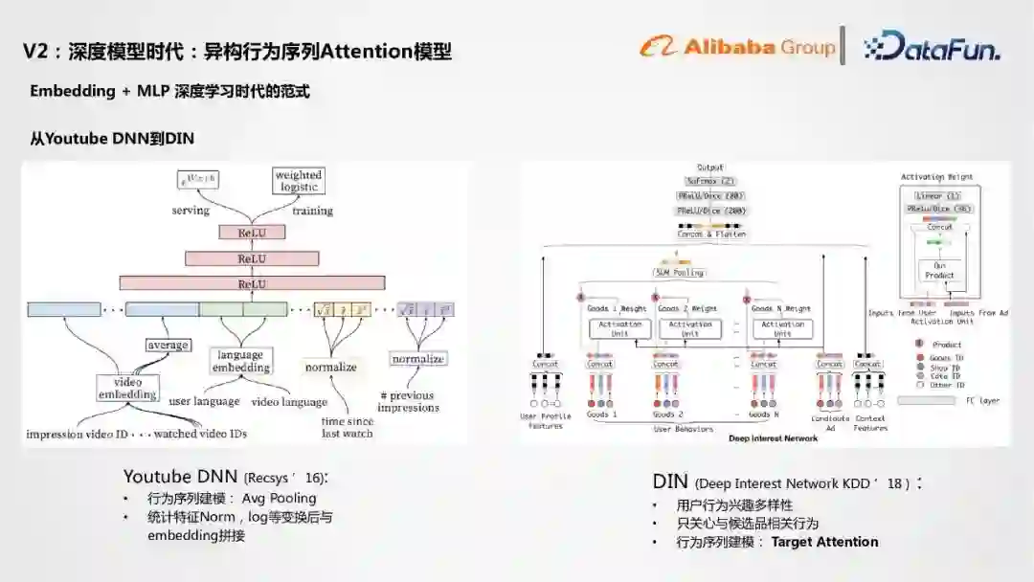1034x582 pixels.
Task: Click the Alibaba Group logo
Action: pos(737,46)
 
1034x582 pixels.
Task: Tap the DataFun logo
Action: pos(931,46)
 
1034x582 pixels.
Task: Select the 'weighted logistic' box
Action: pos(299,181)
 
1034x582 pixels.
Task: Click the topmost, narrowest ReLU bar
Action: pos(252,233)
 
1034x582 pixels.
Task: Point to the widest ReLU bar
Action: pos(252,283)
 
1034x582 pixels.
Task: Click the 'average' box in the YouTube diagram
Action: pos(168,345)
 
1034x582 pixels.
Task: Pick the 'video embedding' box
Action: pos(127,388)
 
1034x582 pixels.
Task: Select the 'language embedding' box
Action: pos(240,360)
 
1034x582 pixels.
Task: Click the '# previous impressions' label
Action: pos(407,401)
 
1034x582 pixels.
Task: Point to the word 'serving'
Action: pos(191,211)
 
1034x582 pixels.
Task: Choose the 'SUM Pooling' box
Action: pos(679,273)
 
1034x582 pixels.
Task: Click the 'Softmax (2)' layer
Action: pos(710,181)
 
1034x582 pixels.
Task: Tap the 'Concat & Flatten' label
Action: pos(711,234)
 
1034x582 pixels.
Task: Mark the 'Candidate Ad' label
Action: pos(830,422)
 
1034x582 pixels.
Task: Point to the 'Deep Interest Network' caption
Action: pos(774,438)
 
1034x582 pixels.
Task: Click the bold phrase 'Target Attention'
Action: pos(824,542)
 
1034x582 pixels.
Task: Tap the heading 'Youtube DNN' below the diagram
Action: pos(181,476)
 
